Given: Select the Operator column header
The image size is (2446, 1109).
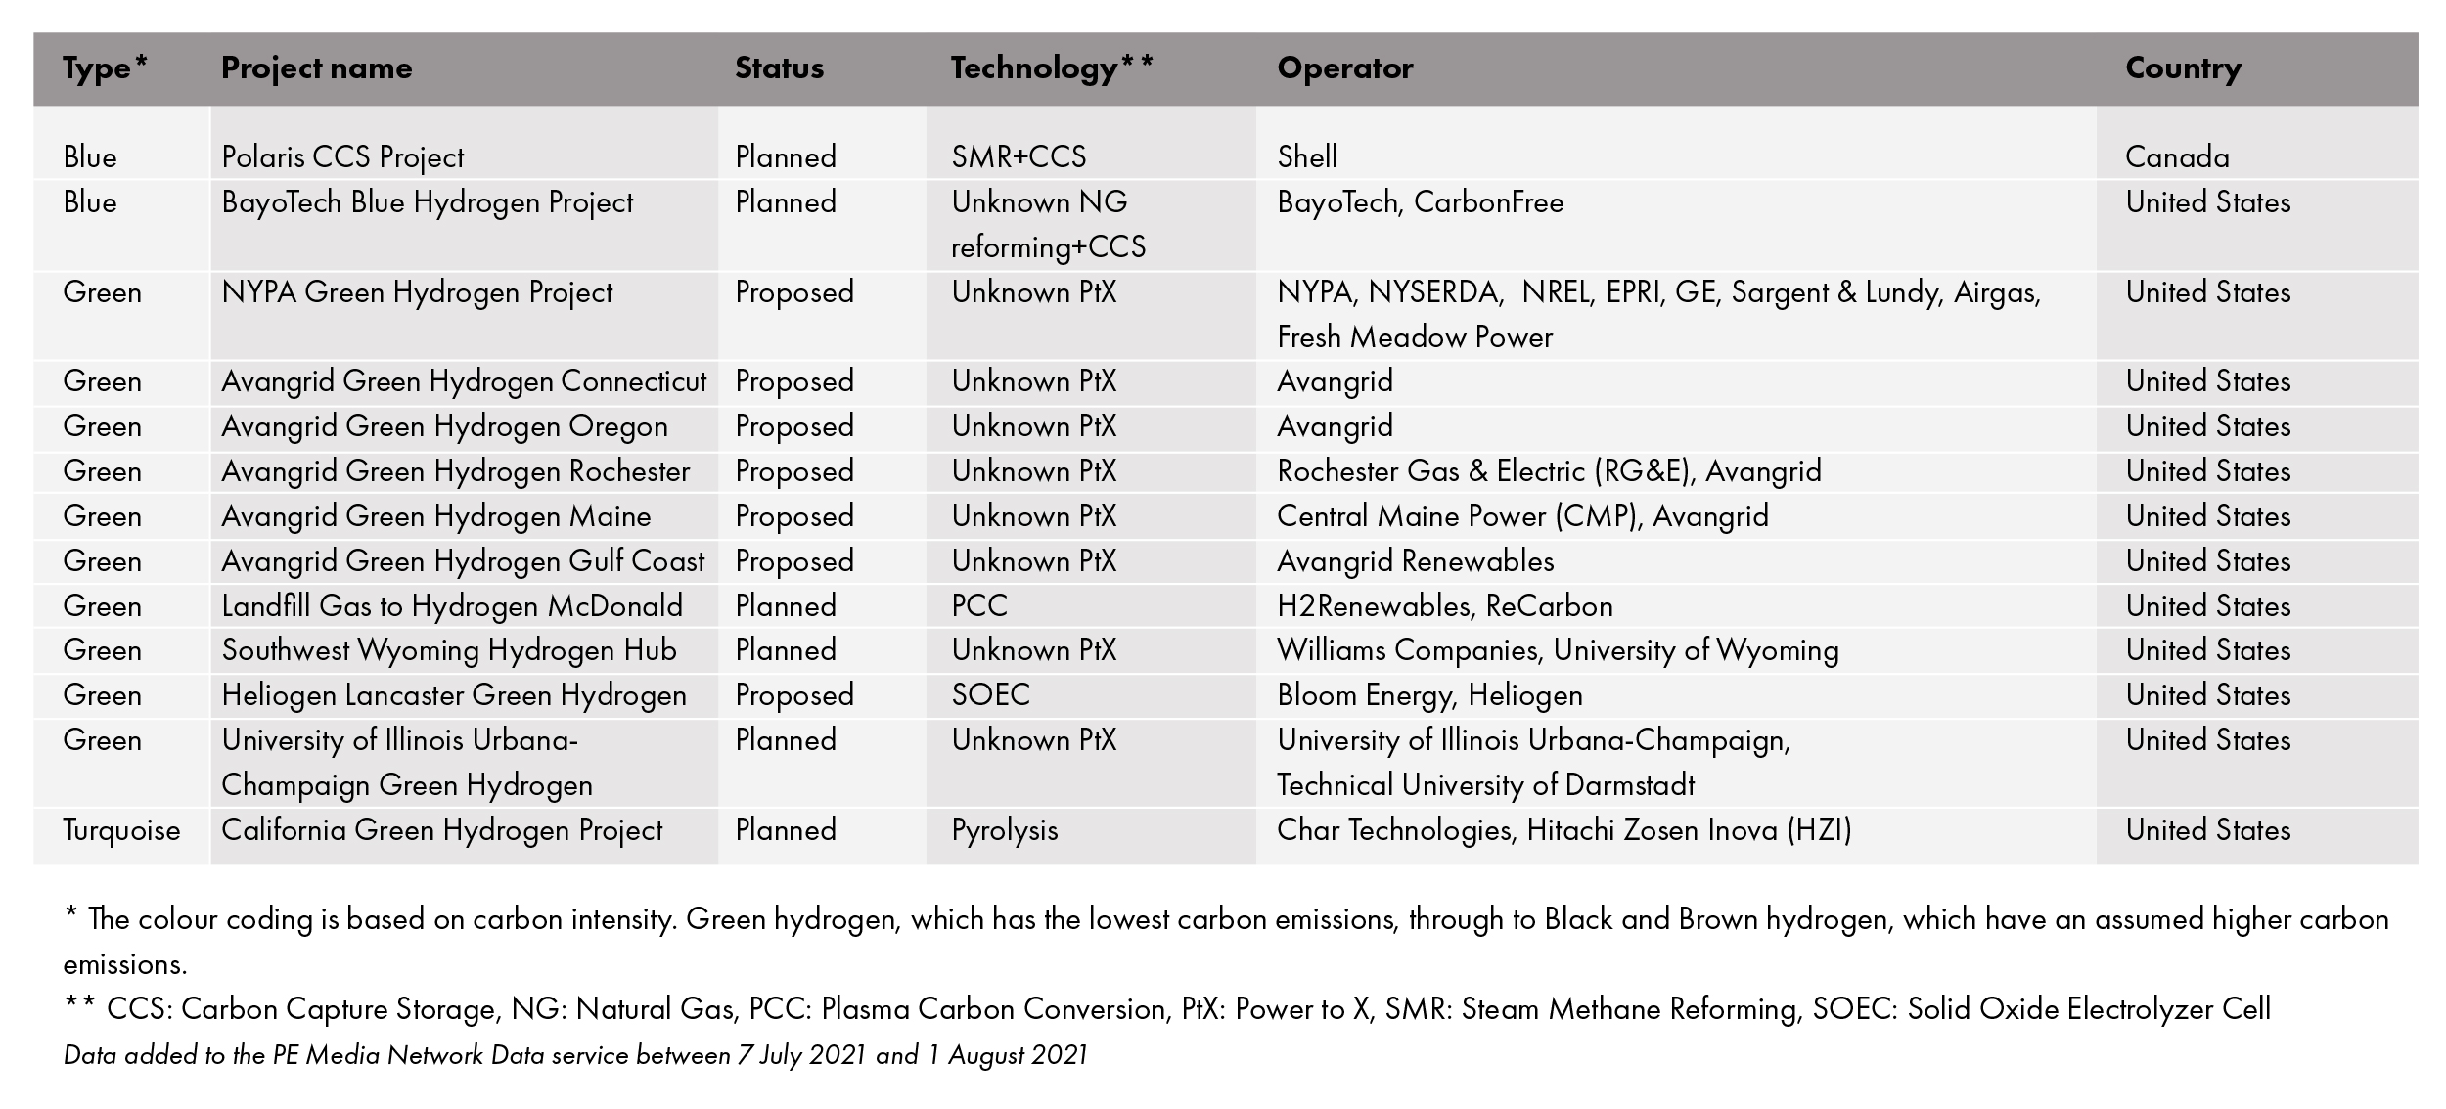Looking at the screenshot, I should (1344, 68).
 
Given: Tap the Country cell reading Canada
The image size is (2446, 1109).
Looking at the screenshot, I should (2177, 157).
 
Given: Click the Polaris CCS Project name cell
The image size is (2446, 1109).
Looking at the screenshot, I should (342, 157).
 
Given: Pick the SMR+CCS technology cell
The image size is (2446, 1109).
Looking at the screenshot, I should (1019, 157).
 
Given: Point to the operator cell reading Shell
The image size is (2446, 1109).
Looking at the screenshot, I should (1307, 157).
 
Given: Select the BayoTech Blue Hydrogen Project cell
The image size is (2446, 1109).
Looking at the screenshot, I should (428, 202).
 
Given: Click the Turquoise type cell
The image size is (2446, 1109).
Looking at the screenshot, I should (121, 830).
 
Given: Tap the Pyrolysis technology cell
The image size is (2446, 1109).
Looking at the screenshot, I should (1005, 830).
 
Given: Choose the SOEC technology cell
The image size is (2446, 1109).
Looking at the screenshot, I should (990, 695).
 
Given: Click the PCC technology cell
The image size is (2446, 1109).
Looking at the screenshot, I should (979, 606).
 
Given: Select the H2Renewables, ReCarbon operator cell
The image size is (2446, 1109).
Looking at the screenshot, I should (1444, 606).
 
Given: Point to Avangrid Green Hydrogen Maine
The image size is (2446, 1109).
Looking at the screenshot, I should (436, 516).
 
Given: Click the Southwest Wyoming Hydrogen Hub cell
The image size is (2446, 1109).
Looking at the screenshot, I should (449, 650).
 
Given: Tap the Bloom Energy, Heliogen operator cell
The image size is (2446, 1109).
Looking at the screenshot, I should (1429, 695).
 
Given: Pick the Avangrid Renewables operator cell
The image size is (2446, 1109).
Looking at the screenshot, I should (1415, 561).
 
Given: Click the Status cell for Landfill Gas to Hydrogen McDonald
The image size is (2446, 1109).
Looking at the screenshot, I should (786, 606).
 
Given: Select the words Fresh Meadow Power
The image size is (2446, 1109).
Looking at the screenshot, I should (1415, 337).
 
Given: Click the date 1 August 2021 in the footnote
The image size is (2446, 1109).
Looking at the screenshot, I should (1006, 1055).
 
